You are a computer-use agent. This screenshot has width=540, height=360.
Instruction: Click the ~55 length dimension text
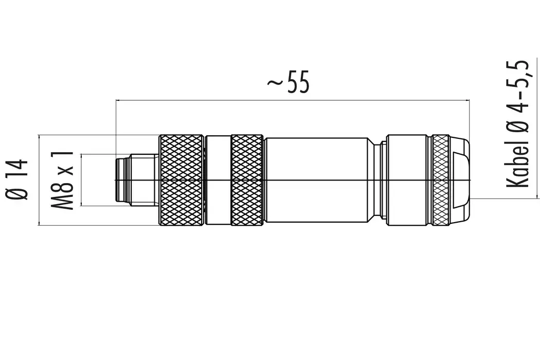[x=289, y=83]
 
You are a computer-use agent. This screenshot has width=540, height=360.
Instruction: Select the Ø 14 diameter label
[x=17, y=180]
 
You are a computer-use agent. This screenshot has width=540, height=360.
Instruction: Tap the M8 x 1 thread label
[x=62, y=180]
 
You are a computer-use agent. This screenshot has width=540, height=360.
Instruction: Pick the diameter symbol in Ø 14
[x=17, y=194]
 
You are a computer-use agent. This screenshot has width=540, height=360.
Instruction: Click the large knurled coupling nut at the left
[x=181, y=180]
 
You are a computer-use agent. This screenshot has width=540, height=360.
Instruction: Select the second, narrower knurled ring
[x=247, y=180]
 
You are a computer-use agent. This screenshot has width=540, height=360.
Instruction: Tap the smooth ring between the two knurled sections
[x=218, y=180]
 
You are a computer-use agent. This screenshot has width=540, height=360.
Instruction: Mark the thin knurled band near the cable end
[x=440, y=180]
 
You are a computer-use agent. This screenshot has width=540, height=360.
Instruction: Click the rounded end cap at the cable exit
[x=460, y=180]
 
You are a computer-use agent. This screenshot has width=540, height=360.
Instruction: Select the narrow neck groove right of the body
[x=380, y=180]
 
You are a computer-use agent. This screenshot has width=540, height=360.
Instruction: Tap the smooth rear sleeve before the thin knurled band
[x=409, y=180]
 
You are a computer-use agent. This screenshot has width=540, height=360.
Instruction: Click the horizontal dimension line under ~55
[x=293, y=100]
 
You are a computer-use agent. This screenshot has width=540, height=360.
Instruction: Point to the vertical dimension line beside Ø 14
[x=39, y=180]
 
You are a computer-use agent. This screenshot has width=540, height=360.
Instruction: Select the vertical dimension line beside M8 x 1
[x=80, y=180]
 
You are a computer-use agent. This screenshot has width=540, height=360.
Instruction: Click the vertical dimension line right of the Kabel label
[x=537, y=129]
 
